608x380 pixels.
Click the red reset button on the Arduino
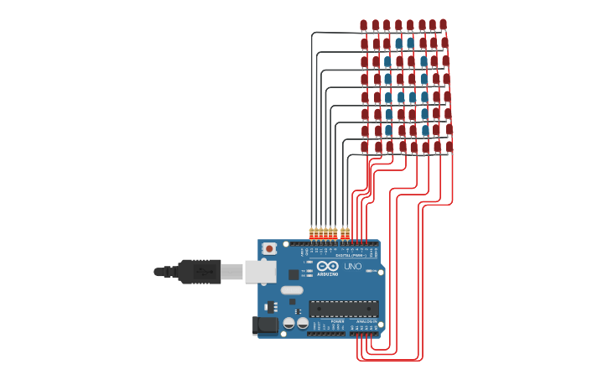[269, 248]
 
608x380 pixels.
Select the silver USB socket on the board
[260, 271]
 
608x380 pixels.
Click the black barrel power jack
[267, 325]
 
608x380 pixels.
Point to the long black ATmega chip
[343, 309]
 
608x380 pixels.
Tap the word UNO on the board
[353, 267]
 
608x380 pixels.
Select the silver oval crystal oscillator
[292, 290]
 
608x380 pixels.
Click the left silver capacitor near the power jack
[288, 323]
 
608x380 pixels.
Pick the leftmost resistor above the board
[311, 232]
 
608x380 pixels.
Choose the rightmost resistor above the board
[347, 232]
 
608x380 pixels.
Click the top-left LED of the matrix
[364, 25]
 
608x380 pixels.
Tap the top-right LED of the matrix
[443, 25]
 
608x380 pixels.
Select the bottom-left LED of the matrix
[365, 147]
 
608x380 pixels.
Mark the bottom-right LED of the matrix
[450, 147]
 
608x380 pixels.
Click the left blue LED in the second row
[398, 43]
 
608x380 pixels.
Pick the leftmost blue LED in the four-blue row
[388, 97]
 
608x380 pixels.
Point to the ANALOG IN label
[366, 321]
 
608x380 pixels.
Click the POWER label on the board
[337, 321]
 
